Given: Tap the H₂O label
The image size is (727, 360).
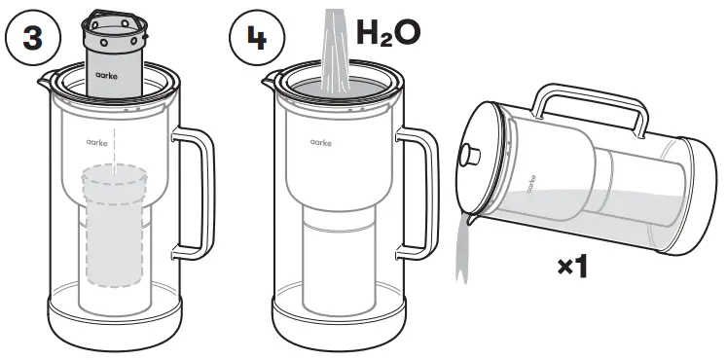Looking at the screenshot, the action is point(387,31).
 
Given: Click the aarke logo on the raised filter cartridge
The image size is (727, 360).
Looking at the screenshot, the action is point(107,73).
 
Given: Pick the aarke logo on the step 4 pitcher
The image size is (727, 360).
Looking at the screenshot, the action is point(322,142).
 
